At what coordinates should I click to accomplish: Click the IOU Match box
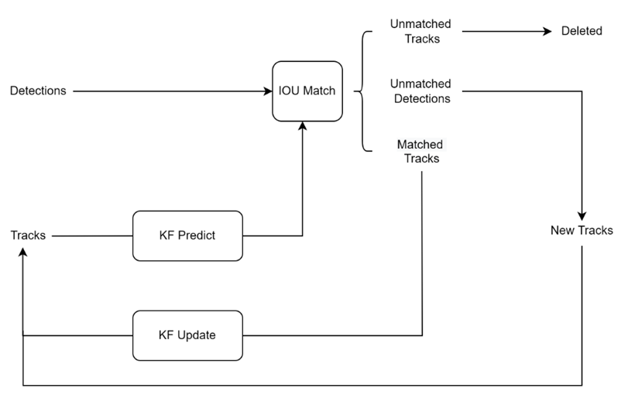307,91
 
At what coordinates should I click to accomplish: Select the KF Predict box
187,235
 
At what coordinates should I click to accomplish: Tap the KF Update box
187,335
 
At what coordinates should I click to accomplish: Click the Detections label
38,91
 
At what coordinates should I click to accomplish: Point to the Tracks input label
28,235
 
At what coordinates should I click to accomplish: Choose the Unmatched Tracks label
420,32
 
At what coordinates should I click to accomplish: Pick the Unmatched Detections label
420,91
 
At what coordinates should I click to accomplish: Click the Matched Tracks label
419,151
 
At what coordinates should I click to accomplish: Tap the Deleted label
582,32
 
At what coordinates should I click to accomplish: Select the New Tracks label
582,230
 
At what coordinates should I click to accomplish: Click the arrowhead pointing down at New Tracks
582,215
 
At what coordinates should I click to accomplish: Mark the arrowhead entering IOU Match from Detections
267,91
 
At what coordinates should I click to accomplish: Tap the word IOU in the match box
290,91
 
